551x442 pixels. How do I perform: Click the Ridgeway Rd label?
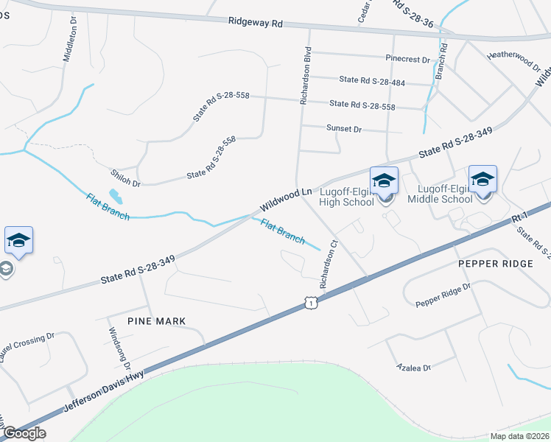click(256, 24)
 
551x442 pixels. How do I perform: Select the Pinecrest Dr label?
click(407, 59)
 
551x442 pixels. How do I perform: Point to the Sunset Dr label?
click(344, 129)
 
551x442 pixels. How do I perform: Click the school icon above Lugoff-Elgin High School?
click(384, 181)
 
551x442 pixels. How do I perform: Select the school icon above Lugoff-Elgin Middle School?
click(482, 180)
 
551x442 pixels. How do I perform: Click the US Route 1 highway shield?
click(312, 303)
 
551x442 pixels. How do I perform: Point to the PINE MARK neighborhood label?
click(156, 321)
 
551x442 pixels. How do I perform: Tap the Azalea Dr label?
click(413, 366)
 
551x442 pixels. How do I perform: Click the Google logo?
click(24, 433)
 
